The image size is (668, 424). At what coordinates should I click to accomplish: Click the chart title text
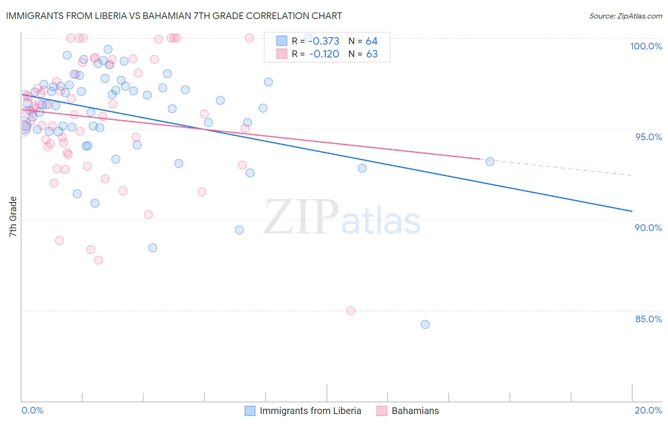[x=173, y=16]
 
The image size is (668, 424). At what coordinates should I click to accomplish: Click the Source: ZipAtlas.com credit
[x=625, y=16]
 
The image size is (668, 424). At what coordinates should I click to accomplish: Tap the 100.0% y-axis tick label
[x=646, y=46]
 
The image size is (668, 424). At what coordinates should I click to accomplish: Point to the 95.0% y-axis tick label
[x=649, y=137]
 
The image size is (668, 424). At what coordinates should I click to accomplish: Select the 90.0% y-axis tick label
[x=649, y=228]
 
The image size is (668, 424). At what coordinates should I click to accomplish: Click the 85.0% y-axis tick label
[x=649, y=319]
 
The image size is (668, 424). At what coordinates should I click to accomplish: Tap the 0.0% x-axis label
[x=32, y=410]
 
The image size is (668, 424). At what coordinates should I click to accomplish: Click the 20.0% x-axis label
[x=648, y=410]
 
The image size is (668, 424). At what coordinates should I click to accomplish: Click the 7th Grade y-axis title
[x=13, y=217]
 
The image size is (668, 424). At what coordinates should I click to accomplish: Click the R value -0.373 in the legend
[x=324, y=41]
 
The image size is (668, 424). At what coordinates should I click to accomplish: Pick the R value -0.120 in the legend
[x=324, y=54]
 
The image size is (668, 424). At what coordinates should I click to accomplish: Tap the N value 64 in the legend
[x=372, y=41]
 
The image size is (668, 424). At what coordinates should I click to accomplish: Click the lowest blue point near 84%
[x=425, y=325]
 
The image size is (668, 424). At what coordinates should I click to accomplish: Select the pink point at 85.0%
[x=351, y=311]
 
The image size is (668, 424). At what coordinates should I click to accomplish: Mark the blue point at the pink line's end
[x=490, y=162]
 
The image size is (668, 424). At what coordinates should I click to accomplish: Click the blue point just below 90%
[x=239, y=230]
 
